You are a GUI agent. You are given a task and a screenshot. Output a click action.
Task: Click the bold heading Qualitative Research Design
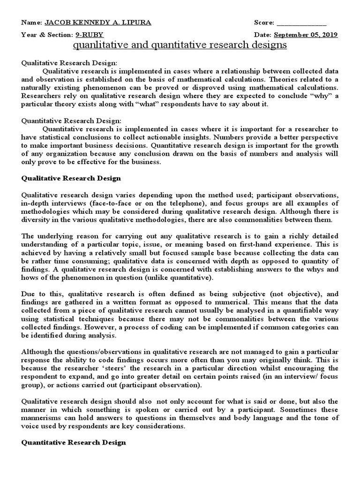coord(71,178)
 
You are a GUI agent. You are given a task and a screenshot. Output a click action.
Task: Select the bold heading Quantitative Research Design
coord(74,442)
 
